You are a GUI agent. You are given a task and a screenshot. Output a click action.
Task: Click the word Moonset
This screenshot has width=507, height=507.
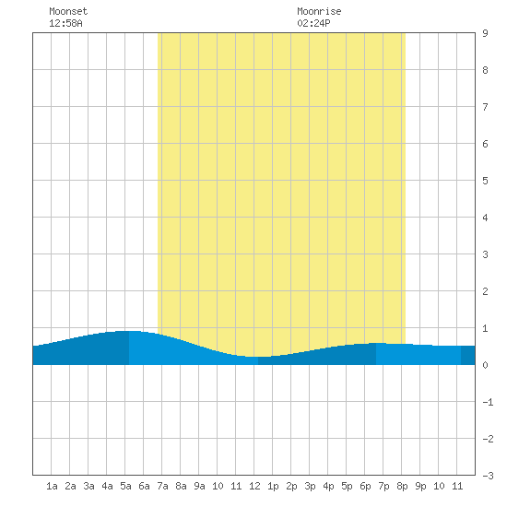point(68,11)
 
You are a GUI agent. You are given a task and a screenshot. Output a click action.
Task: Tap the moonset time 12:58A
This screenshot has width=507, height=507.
point(65,23)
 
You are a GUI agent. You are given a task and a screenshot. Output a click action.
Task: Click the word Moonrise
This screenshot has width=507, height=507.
point(319,11)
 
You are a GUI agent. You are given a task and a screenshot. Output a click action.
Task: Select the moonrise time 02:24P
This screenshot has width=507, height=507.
point(313,23)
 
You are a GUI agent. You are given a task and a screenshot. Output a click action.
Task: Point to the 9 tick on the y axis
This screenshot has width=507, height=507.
point(485,33)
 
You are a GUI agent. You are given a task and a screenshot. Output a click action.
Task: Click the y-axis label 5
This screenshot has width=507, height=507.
point(485,181)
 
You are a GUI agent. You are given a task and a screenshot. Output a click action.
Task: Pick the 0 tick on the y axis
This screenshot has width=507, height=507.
point(485,365)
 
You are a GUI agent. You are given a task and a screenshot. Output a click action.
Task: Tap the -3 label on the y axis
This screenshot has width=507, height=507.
point(488,476)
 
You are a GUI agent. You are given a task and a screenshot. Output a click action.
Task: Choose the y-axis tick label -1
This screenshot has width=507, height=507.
point(488,402)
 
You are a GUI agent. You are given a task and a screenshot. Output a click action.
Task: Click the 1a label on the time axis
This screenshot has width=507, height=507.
point(52,486)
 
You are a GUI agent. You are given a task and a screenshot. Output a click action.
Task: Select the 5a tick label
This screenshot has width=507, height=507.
point(125,486)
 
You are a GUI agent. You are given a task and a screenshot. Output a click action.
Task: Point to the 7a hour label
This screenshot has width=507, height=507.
point(162,486)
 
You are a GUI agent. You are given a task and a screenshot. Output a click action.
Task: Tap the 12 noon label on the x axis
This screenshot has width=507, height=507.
point(254,486)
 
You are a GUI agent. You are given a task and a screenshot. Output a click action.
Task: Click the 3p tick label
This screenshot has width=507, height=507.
point(310,486)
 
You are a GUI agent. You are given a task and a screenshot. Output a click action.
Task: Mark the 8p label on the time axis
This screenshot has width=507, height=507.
point(402,486)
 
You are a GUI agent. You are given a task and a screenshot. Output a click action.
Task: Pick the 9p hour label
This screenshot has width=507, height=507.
point(420,486)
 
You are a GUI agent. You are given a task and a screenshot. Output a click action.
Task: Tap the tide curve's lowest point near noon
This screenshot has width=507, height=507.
point(258,357)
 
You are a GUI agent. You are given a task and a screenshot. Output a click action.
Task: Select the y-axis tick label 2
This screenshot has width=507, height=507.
point(485,291)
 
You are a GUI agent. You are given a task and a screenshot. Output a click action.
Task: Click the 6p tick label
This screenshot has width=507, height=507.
point(365,486)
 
